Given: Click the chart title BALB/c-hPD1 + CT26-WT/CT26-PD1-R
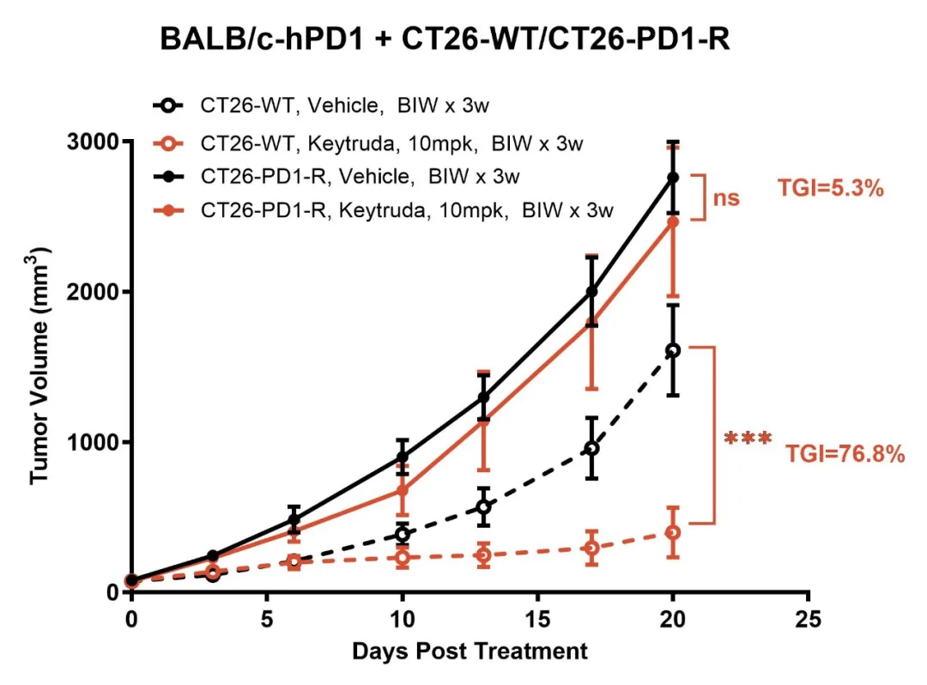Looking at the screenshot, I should (445, 39).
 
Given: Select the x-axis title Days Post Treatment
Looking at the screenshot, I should (470, 652).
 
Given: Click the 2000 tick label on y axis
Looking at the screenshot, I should (95, 292).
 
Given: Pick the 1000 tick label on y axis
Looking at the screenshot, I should (95, 442).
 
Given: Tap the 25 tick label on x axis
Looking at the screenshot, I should (808, 619).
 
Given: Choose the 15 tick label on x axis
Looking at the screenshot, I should (537, 619).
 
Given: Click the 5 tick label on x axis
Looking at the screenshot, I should (267, 619).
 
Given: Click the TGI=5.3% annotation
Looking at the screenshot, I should (830, 189).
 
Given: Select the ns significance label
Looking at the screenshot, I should (726, 198).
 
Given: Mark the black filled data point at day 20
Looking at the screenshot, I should (673, 178).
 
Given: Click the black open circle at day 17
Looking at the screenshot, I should (591, 448).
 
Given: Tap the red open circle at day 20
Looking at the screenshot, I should (673, 533).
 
